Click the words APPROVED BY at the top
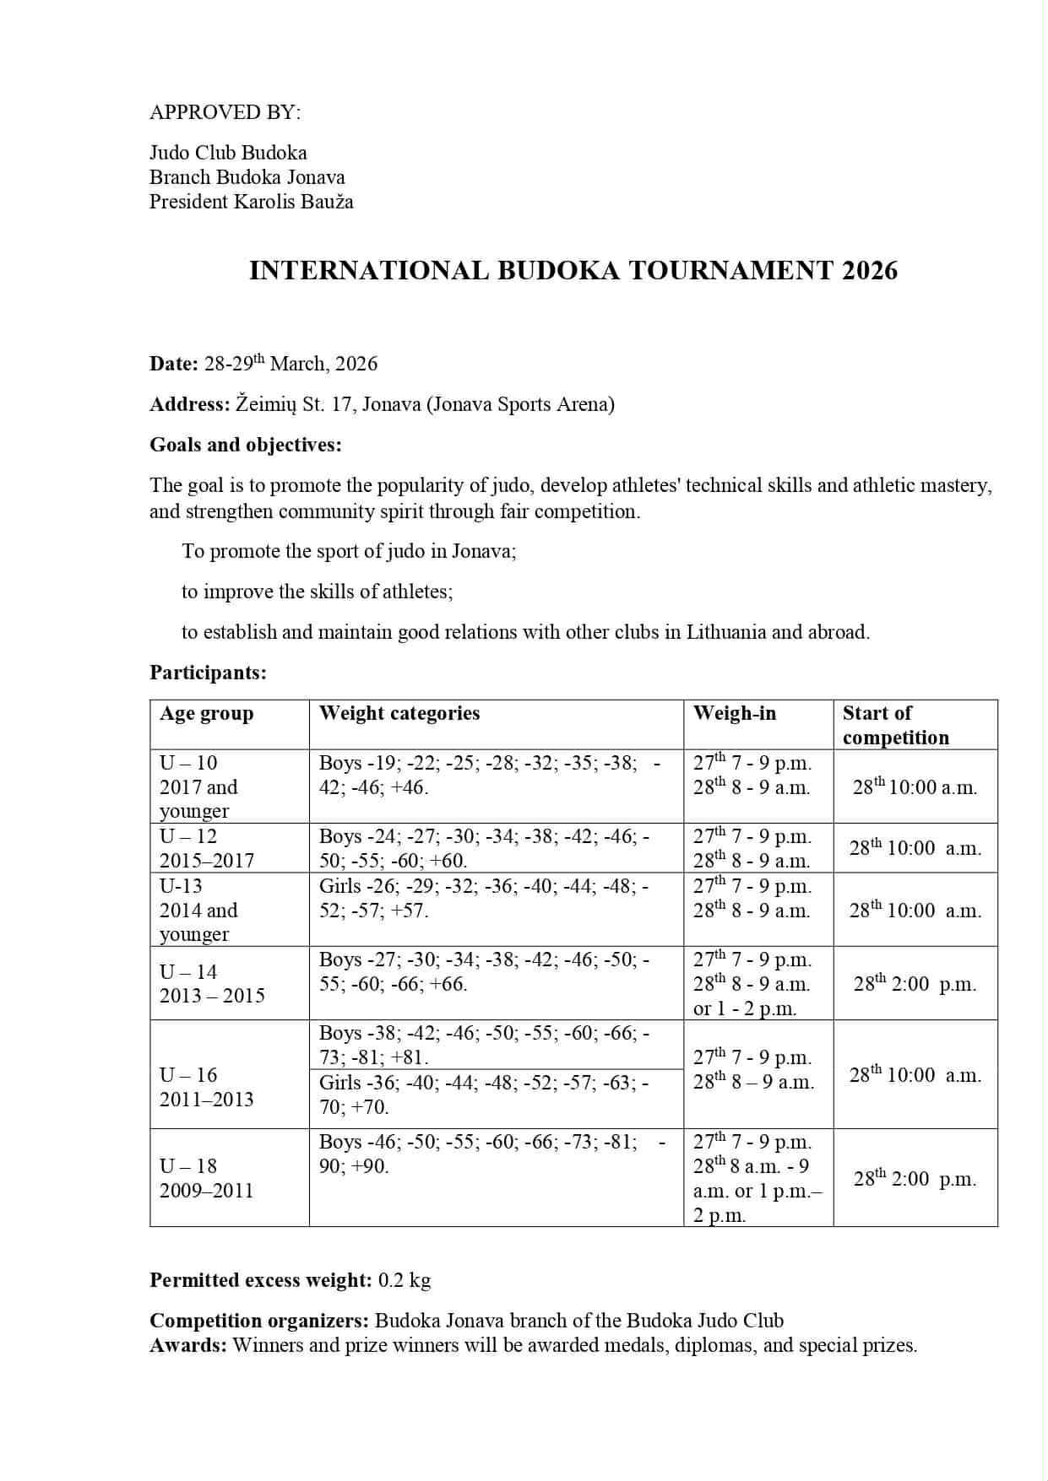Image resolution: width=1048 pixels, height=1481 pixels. (225, 112)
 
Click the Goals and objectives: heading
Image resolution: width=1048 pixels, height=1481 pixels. (246, 445)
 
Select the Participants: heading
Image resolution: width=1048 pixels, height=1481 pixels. (208, 673)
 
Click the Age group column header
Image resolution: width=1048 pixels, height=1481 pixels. (206, 714)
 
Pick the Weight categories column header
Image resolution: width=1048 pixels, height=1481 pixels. (399, 713)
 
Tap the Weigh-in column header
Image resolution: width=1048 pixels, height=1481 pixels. (734, 713)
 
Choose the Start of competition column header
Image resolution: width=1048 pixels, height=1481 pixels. (895, 725)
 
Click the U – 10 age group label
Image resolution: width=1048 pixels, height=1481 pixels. (188, 763)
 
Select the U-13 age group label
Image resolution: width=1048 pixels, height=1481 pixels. (181, 886)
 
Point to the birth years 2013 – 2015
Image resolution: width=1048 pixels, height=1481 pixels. (212, 996)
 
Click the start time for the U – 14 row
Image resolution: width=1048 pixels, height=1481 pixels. (915, 984)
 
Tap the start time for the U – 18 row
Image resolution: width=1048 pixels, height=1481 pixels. (915, 1179)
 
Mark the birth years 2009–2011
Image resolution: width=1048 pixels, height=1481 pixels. (206, 1191)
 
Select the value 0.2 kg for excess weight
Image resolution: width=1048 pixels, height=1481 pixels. (405, 1280)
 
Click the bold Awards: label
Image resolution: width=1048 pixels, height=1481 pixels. (188, 1345)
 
